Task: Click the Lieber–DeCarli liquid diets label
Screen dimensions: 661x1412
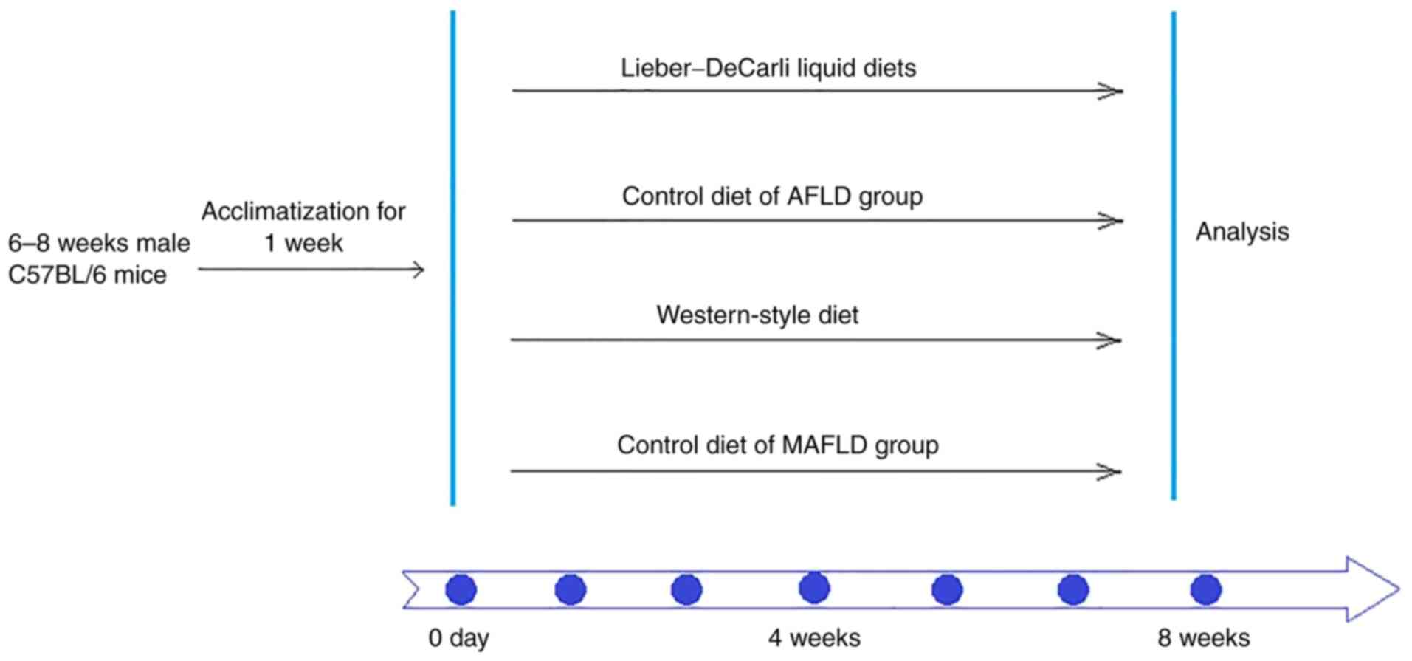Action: pyautogui.click(x=768, y=68)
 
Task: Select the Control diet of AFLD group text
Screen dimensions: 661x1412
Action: pyautogui.click(x=772, y=196)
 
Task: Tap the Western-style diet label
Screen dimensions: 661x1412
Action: pyautogui.click(x=757, y=315)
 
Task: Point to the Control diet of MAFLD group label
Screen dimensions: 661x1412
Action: pyautogui.click(x=777, y=445)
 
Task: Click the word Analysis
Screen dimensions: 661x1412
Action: pyautogui.click(x=1242, y=232)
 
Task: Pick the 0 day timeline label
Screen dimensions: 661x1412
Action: pyautogui.click(x=458, y=638)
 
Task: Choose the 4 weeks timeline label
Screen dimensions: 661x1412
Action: pyautogui.click(x=814, y=638)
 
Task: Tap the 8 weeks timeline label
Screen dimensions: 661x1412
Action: pyautogui.click(x=1203, y=638)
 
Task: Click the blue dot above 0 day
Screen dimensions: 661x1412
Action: pyautogui.click(x=461, y=590)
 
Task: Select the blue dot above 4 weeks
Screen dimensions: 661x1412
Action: pyautogui.click(x=814, y=589)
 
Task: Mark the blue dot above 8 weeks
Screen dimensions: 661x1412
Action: pyautogui.click(x=1206, y=590)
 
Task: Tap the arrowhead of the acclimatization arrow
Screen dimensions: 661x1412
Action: pyautogui.click(x=419, y=270)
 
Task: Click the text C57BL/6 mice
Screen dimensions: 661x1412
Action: pyautogui.click(x=87, y=275)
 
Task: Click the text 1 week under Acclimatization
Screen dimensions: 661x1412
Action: pyautogui.click(x=303, y=243)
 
